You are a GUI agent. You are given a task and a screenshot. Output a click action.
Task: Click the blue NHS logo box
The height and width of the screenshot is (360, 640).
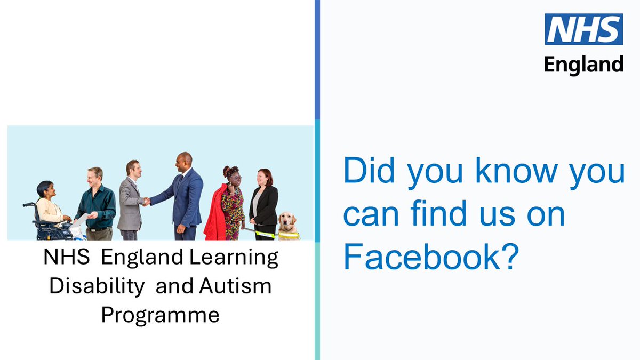tap(583, 29)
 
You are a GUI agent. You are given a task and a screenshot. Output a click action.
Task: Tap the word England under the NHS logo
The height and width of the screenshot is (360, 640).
tap(583, 64)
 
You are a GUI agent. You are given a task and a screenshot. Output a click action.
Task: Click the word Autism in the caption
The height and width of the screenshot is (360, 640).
tap(235, 286)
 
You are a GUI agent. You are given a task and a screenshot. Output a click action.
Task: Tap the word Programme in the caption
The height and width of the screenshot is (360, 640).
tap(161, 315)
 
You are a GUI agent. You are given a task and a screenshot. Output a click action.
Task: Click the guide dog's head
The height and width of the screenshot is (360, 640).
tap(287, 219)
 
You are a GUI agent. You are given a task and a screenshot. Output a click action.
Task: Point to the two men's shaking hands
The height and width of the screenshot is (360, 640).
tap(146, 201)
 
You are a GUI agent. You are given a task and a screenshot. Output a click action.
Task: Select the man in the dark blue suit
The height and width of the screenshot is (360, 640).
tap(183, 197)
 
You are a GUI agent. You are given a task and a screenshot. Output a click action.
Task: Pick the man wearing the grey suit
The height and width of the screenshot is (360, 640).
tap(131, 200)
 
